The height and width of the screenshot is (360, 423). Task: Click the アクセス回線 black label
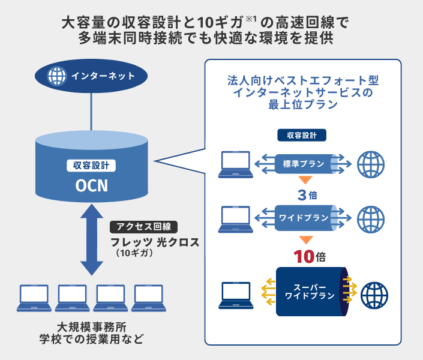pyautogui.click(x=144, y=227)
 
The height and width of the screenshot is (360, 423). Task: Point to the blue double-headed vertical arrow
pyautogui.click(x=92, y=238)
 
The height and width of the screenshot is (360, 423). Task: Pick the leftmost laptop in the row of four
pyautogui.click(x=34, y=298)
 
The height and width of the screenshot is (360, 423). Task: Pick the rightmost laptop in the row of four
pyautogui.click(x=148, y=298)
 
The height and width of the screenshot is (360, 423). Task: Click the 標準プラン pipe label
pyautogui.click(x=303, y=164)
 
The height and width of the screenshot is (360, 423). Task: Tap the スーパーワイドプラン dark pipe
pyautogui.click(x=309, y=292)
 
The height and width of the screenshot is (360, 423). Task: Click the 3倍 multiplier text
pyautogui.click(x=305, y=196)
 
